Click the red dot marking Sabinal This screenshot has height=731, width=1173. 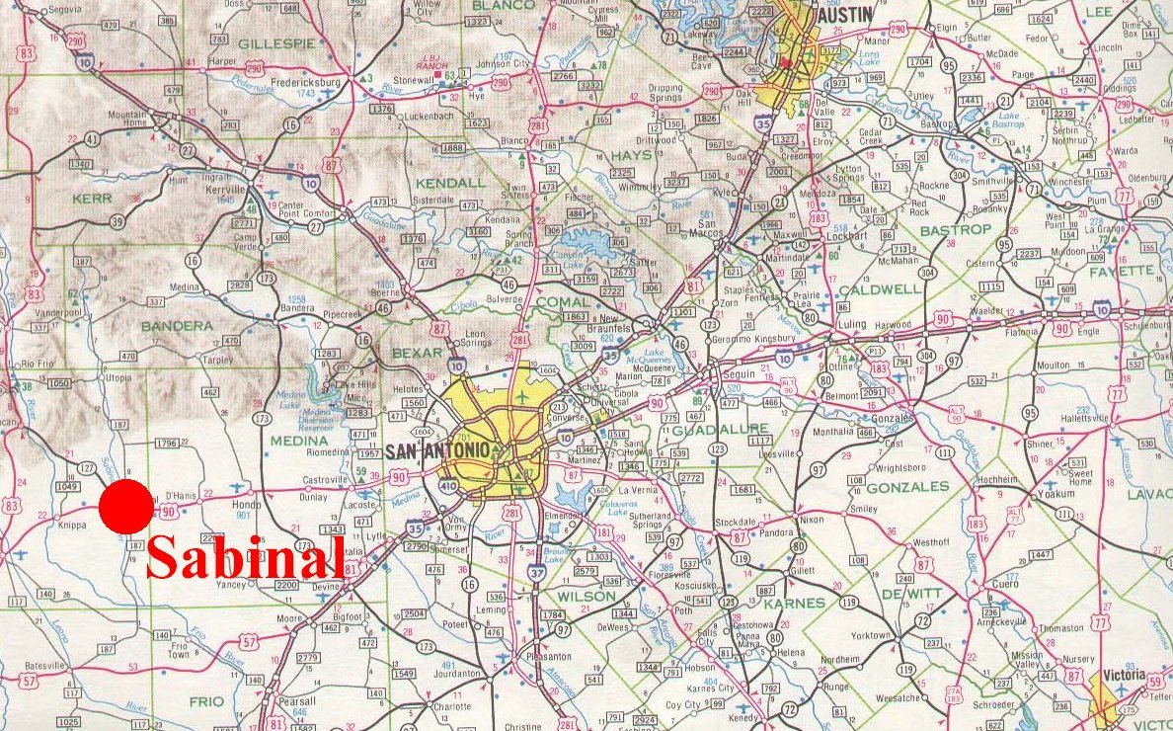pyautogui.click(x=126, y=508)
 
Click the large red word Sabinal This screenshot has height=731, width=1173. pyautogui.click(x=245, y=558)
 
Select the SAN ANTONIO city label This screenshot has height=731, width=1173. pyautogui.click(x=436, y=451)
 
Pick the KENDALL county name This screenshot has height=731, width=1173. pyautogui.click(x=450, y=183)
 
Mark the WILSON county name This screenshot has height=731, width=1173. pyautogui.click(x=586, y=597)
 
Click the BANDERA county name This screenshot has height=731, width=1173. pyautogui.click(x=177, y=325)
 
